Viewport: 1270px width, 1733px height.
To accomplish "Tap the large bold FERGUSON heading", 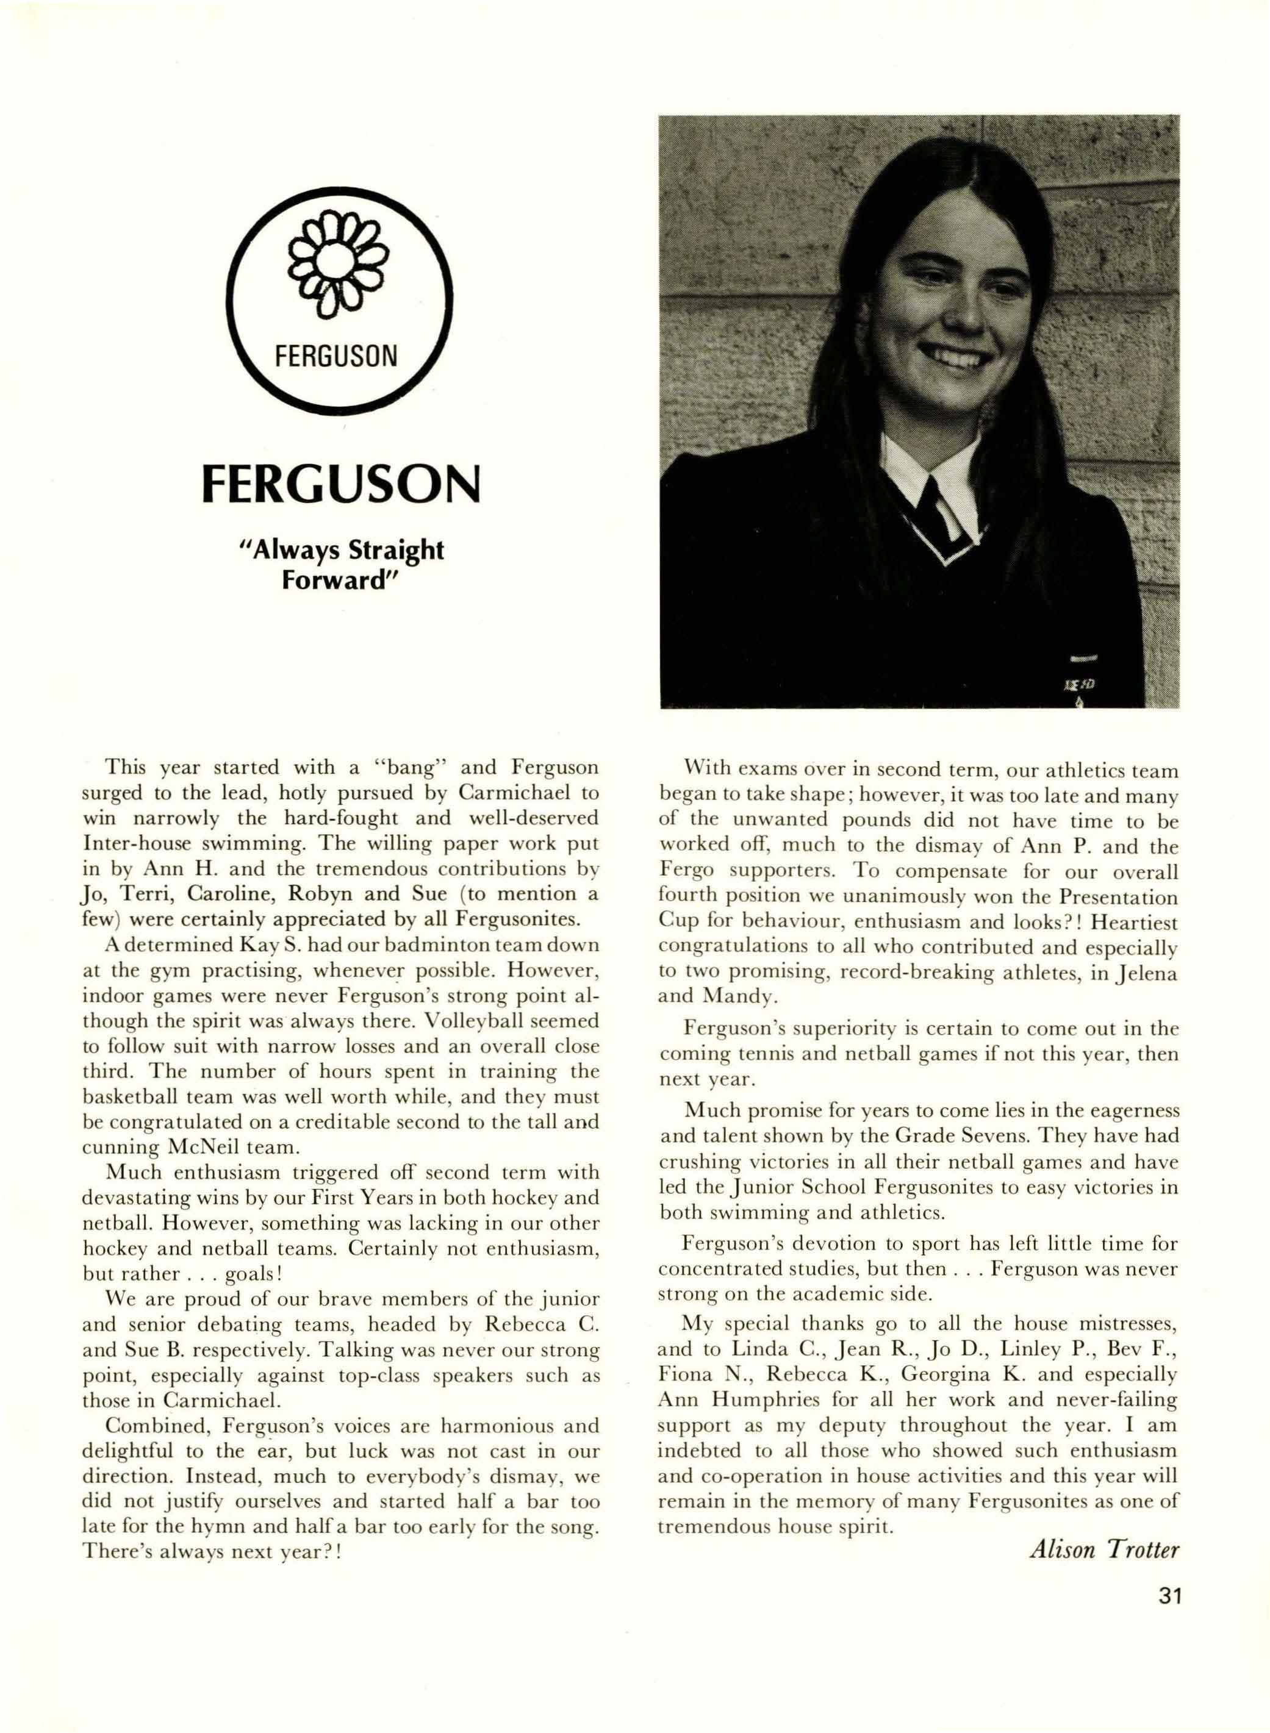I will click(x=340, y=484).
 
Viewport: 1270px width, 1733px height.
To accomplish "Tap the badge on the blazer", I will click(x=1080, y=680).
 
